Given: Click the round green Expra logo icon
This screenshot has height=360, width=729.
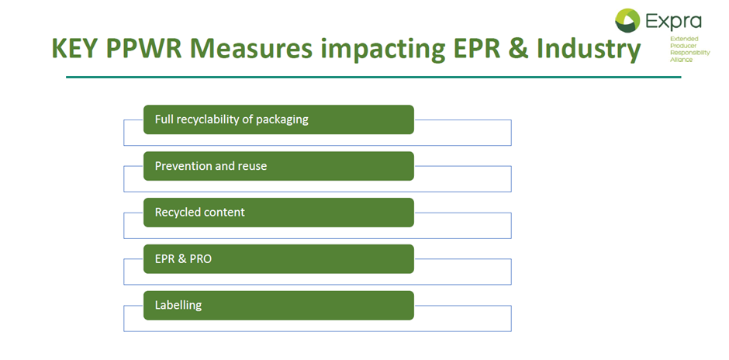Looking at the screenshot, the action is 627,20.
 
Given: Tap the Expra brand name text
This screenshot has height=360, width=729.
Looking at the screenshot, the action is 672,22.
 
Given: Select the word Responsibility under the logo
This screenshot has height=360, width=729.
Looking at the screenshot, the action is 689,53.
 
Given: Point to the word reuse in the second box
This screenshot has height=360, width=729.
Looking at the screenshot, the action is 254,167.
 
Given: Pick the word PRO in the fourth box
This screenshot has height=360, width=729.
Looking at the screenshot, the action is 201,259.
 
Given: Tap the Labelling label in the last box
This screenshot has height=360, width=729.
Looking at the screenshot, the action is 178,306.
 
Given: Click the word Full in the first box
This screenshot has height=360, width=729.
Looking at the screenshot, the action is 164,119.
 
